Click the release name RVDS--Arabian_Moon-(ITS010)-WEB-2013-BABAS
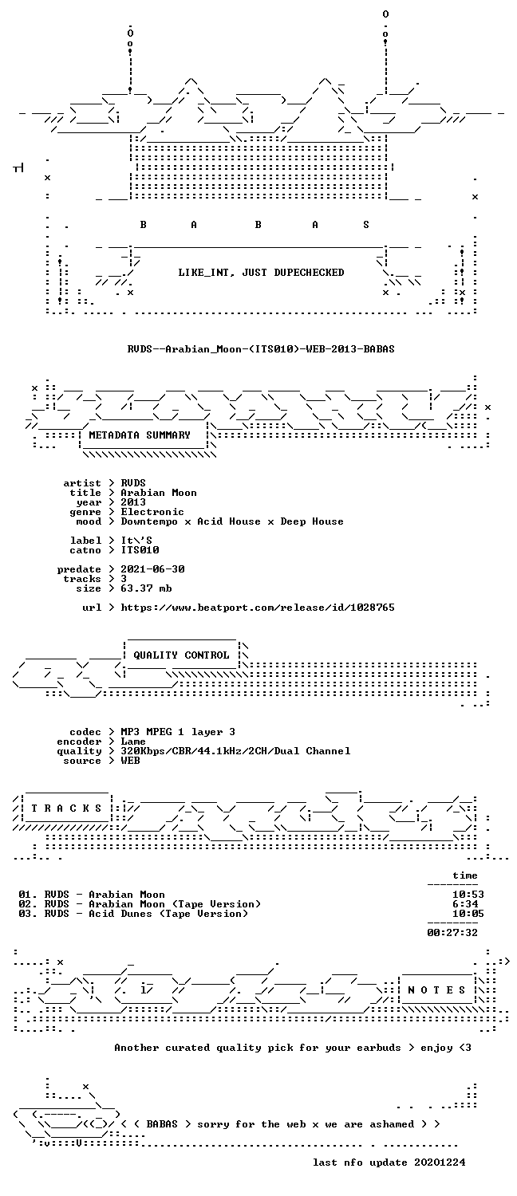point(261,349)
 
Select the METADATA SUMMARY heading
point(140,435)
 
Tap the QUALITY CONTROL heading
point(181,655)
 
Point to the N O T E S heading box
point(436,990)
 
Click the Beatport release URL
point(258,608)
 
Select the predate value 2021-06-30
point(152,569)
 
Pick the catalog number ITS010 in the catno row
point(140,550)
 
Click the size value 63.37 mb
point(146,588)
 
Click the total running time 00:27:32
point(452,933)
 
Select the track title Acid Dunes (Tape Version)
point(168,914)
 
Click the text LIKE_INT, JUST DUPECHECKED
point(261,273)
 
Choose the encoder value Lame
point(133,742)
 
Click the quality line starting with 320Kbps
point(235,751)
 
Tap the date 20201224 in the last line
point(440,1163)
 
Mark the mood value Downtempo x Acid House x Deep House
point(232,521)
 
